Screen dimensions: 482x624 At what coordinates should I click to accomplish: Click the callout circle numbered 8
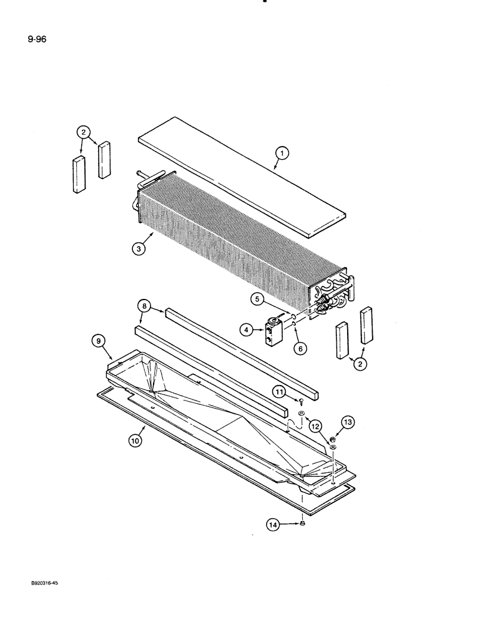pyautogui.click(x=145, y=307)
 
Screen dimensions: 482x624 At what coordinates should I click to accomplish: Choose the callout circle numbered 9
pyautogui.click(x=98, y=341)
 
